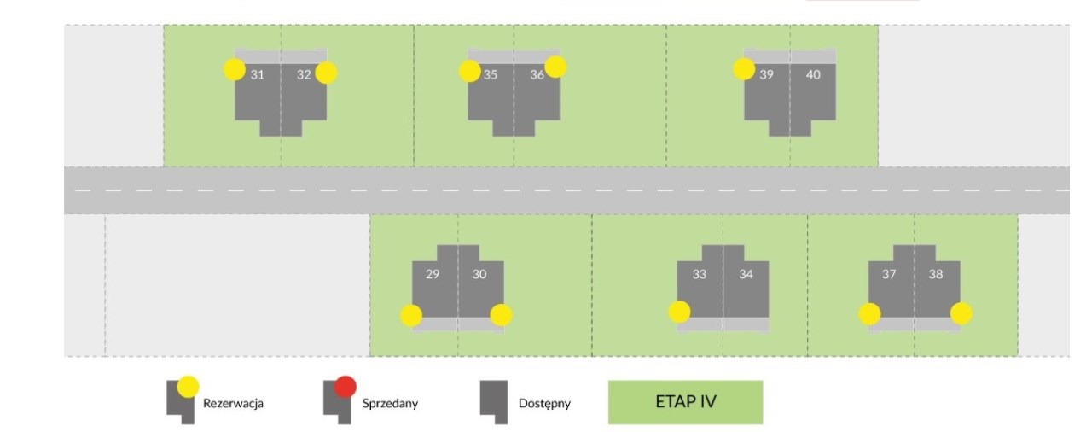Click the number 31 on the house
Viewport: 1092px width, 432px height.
tap(258, 74)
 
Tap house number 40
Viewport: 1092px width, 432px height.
tap(813, 74)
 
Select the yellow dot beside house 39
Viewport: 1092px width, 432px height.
tap(744, 69)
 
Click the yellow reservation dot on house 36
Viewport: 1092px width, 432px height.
tap(555, 67)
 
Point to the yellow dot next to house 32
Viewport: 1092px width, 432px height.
tap(326, 73)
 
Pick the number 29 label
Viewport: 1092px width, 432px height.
tap(433, 274)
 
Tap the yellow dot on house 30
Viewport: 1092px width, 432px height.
tap(501, 315)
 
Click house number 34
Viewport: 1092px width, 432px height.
tap(746, 274)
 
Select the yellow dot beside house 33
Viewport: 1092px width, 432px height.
tap(680, 312)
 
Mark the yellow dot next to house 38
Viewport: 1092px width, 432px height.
tap(961, 313)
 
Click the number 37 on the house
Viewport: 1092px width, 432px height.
tap(889, 274)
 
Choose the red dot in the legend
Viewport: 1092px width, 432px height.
tap(346, 387)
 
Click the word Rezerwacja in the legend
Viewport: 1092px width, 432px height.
tap(233, 404)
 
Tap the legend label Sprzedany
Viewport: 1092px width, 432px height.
tap(390, 404)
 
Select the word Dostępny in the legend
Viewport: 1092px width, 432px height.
tap(544, 404)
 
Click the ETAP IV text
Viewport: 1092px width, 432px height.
tap(685, 402)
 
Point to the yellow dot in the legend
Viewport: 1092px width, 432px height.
tap(189, 387)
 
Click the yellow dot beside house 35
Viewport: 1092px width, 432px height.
tap(470, 71)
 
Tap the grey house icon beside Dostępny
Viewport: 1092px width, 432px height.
tap(494, 402)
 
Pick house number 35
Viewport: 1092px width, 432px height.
tap(491, 74)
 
